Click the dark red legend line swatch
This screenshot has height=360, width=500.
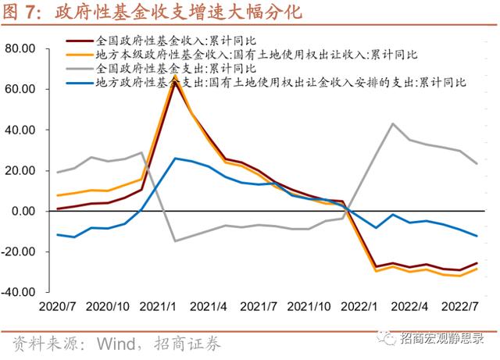(x=79, y=41)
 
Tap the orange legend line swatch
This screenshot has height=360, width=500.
(x=79, y=55)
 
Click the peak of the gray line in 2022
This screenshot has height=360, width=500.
(x=393, y=123)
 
